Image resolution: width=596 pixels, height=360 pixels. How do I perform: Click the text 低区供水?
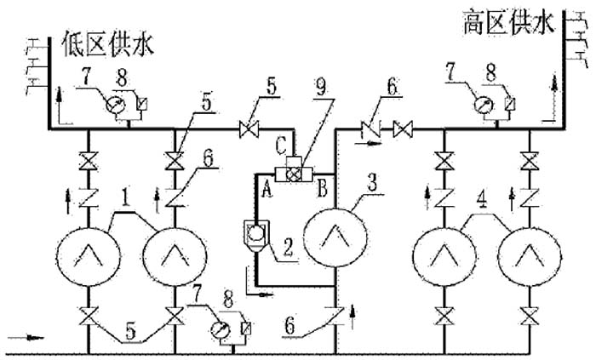coord(109,44)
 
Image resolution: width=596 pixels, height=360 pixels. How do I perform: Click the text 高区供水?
coord(508,22)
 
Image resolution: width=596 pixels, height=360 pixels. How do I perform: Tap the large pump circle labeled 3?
coord(335,237)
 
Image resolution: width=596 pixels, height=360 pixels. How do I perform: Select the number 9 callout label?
coord(322,89)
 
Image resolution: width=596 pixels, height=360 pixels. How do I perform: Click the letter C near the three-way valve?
coord(281,145)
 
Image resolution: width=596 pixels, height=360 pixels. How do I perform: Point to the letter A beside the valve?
coord(267,189)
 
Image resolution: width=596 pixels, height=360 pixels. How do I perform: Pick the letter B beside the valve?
coord(322,189)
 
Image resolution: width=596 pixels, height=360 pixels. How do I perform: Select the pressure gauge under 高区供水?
coord(484,106)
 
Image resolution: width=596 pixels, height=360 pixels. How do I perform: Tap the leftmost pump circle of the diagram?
coord(89,258)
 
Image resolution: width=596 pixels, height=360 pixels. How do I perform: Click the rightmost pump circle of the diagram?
coord(530,258)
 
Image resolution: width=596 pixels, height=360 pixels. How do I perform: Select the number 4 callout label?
coord(483,201)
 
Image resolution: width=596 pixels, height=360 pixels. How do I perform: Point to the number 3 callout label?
coord(372,183)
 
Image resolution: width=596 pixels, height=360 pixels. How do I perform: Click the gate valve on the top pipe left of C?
coord(249,129)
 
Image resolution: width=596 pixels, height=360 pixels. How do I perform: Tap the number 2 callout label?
coord(288,248)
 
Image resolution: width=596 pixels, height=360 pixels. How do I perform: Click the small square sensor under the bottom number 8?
coord(247,328)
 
